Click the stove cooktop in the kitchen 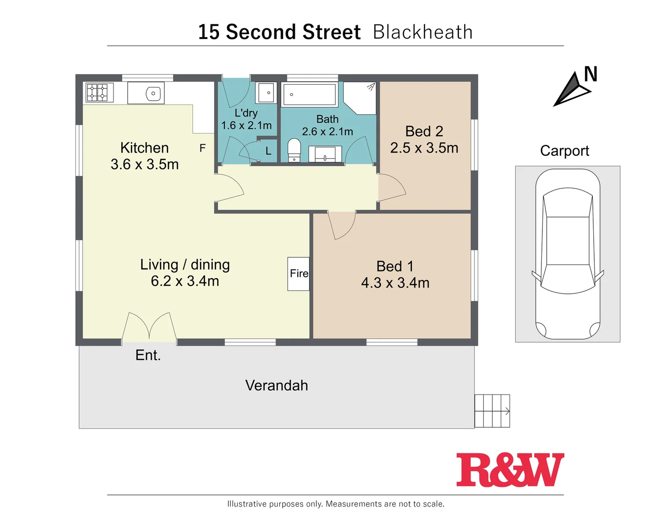click(97, 92)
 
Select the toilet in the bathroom click(294, 150)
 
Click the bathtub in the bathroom click(310, 94)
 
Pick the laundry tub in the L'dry click(267, 92)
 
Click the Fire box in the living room click(298, 274)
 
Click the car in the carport click(568, 254)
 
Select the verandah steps click(492, 411)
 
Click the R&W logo click(510, 470)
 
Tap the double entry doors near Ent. click(149, 326)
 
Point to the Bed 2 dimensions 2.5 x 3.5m click(424, 148)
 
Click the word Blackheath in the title click(423, 32)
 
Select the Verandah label click(276, 386)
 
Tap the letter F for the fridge click(202, 148)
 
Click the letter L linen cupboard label click(268, 152)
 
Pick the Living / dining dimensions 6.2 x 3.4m click(185, 281)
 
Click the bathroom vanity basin click(325, 154)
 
